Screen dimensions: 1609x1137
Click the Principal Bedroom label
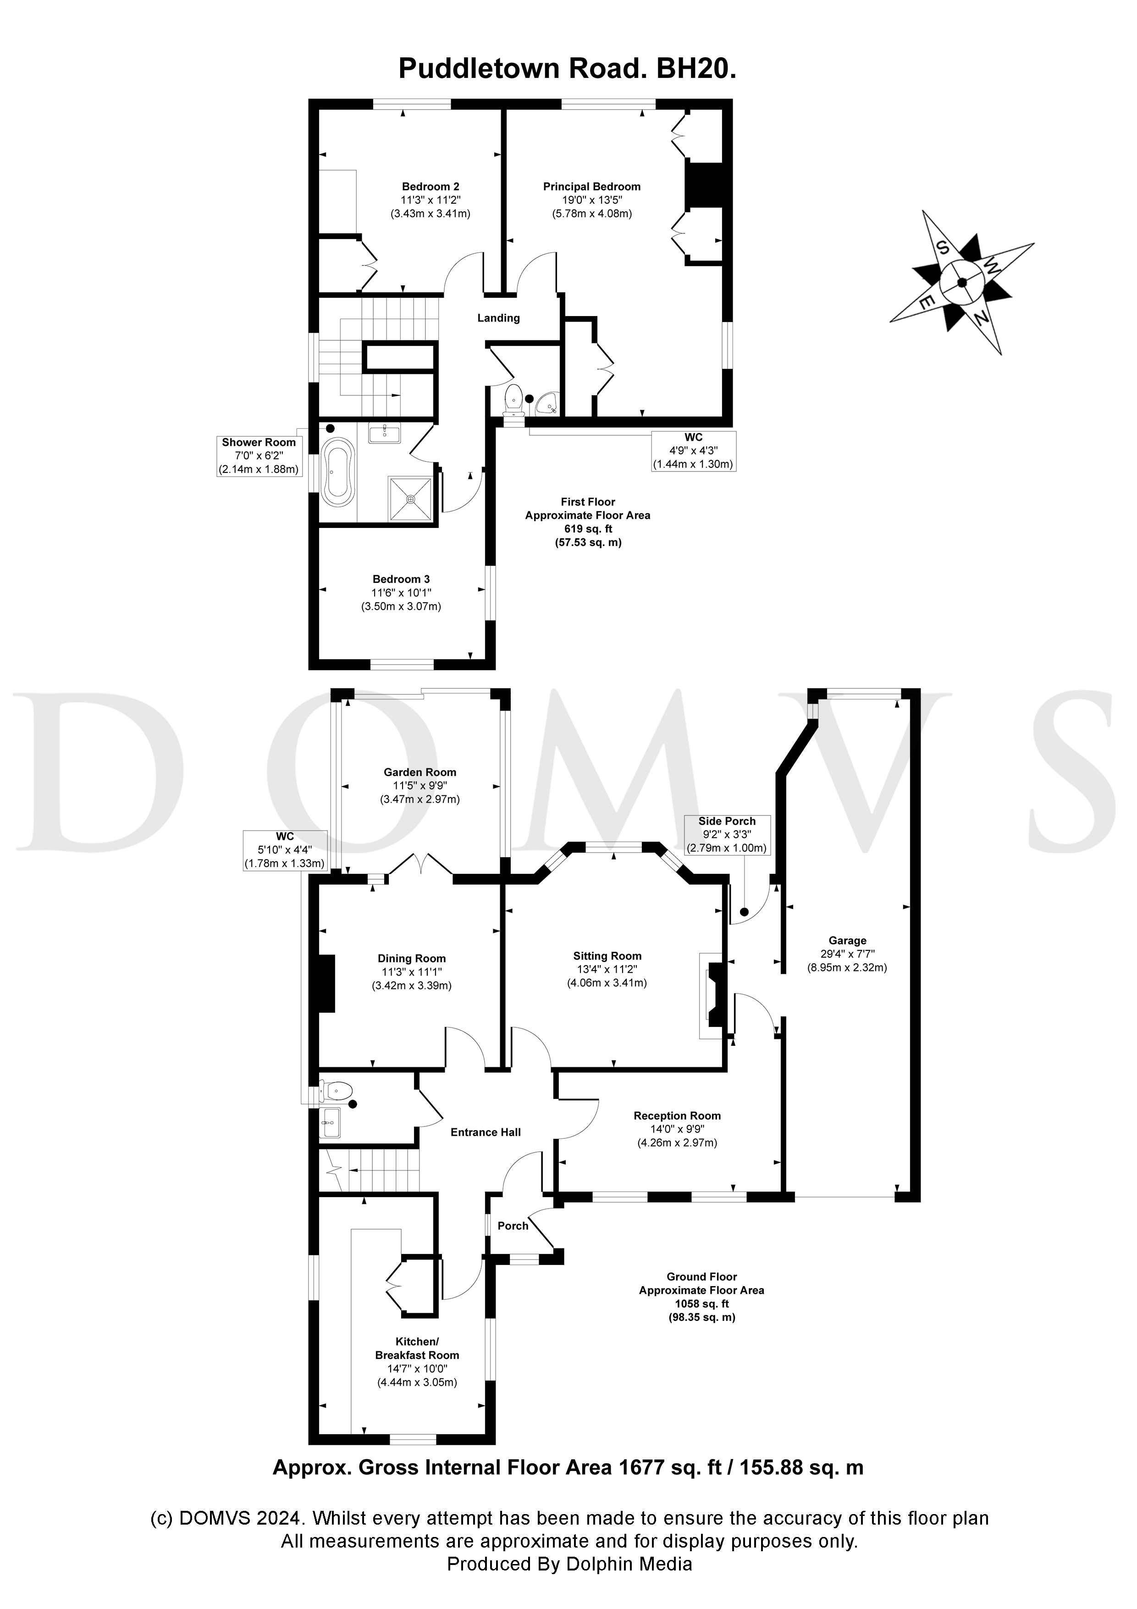[591, 186]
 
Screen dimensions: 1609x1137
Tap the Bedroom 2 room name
[430, 186]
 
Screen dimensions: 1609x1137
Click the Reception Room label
[677, 1115]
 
